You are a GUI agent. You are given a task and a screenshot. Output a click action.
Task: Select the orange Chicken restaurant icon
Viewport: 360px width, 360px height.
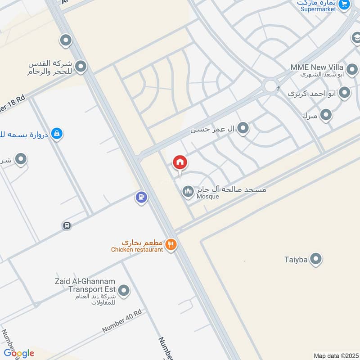click(x=171, y=245)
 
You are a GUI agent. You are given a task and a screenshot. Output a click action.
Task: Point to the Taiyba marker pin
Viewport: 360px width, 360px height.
click(x=316, y=259)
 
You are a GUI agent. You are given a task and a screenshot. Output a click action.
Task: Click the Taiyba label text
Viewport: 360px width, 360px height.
click(x=295, y=259)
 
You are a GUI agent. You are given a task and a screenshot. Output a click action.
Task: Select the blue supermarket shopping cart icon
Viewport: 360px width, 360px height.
click(x=344, y=4)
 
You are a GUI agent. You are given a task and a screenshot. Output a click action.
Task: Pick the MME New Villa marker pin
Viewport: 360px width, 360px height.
click(x=352, y=70)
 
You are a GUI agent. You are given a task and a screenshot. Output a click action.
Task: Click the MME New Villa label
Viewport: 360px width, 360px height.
click(x=311, y=67)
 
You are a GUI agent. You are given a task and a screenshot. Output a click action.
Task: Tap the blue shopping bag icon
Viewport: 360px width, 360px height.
click(x=57, y=133)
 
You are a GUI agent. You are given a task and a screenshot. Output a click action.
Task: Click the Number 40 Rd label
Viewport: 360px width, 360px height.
click(x=121, y=321)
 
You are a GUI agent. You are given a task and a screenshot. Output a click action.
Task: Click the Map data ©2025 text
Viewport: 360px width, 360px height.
click(x=336, y=355)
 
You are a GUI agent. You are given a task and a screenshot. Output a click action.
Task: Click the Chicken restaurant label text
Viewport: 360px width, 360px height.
click(x=137, y=250)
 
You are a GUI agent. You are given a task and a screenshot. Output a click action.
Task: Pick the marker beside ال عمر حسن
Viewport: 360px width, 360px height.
click(x=243, y=129)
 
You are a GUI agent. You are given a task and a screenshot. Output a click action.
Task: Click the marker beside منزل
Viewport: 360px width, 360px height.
click(x=326, y=115)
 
